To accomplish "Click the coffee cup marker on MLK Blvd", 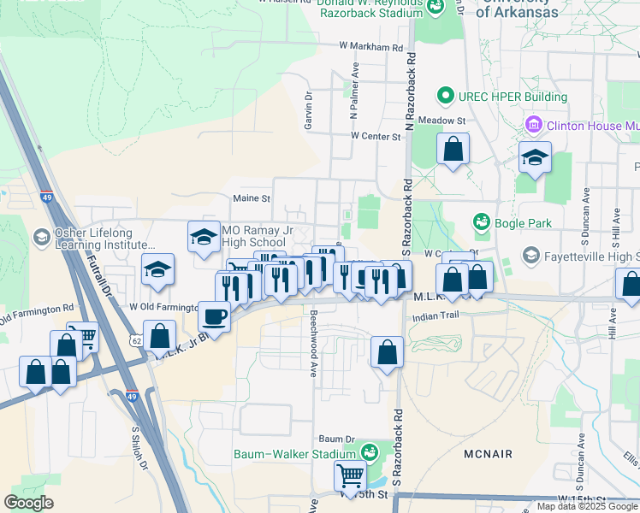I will click(x=214, y=316).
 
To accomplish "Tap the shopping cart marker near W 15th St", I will click(x=349, y=475).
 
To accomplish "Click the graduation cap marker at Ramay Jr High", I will click(x=204, y=236).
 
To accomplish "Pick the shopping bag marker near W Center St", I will click(x=453, y=150).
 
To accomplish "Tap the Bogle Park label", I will click(x=513, y=223).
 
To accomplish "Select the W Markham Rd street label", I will click(x=370, y=47).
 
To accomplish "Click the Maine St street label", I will click(x=252, y=198).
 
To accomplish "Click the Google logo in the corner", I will click(x=28, y=503).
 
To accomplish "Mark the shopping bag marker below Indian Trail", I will click(x=387, y=351).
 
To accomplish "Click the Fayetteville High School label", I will click(x=590, y=256).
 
